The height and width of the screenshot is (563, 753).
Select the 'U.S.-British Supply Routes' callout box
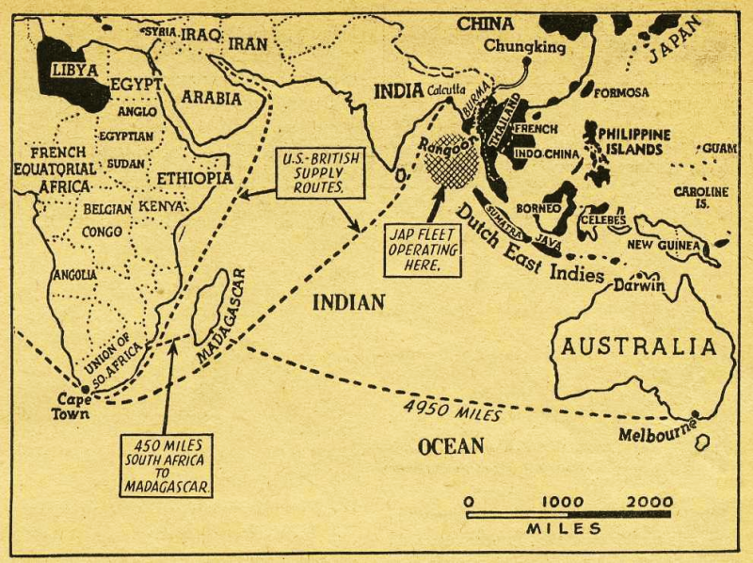(x=323, y=173)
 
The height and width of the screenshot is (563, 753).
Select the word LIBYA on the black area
(x=74, y=69)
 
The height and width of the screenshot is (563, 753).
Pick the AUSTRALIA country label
(x=639, y=346)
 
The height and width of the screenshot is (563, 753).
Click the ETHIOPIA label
(x=195, y=178)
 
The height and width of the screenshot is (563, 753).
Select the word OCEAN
(x=451, y=445)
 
